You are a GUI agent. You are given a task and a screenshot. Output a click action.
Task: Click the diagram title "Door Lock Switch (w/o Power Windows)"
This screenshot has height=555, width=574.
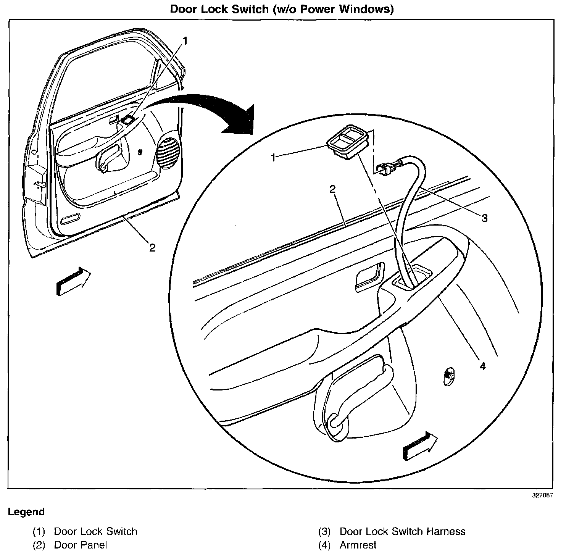[x=282, y=9]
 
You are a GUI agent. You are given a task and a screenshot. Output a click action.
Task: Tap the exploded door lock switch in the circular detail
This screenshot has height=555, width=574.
[x=348, y=142]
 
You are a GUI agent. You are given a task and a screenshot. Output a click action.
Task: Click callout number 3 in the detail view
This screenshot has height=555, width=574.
[x=484, y=218]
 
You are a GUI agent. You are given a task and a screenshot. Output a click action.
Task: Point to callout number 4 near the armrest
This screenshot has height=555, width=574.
[x=482, y=367]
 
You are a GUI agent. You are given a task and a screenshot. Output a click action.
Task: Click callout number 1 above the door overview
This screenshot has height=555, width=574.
[x=185, y=41]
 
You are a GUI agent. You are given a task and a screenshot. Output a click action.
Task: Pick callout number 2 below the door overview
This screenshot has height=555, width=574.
[x=152, y=248]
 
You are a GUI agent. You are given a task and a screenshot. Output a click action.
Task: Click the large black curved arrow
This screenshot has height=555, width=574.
[x=214, y=111]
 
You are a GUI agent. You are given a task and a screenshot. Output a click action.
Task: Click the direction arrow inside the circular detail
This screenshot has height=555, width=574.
[x=420, y=446]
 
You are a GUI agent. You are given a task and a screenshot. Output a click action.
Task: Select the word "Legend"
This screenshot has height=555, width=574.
[x=26, y=512]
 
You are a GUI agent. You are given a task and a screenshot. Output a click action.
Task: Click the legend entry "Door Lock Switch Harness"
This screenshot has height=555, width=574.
[x=402, y=531]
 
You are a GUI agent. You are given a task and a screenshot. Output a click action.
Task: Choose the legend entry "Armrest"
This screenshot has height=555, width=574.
[x=358, y=545]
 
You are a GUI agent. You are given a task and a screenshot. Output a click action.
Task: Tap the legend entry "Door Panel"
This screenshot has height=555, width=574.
[x=81, y=545]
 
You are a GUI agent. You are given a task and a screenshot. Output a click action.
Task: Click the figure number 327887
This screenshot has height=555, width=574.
[x=543, y=495]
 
